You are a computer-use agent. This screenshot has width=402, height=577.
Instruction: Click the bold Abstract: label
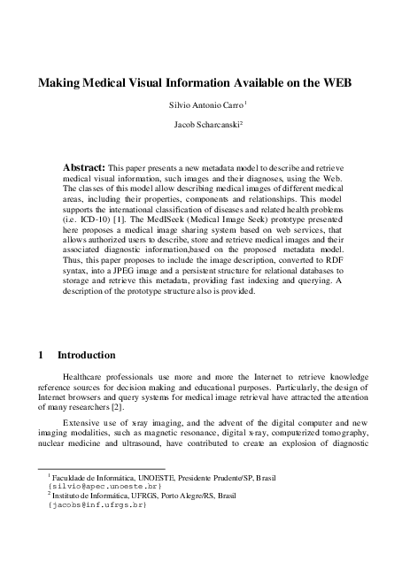coord(83,166)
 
